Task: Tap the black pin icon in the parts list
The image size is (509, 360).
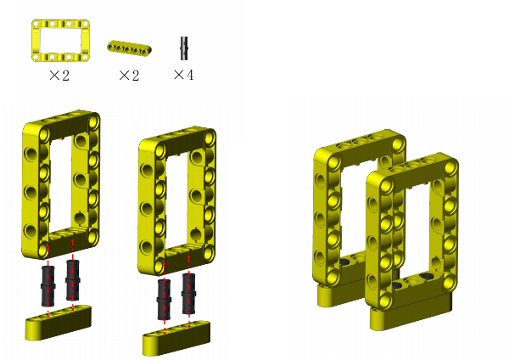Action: point(184,48)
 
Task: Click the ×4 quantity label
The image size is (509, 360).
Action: point(184,75)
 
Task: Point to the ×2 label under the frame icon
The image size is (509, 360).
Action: point(59,76)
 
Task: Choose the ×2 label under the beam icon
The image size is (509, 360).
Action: point(129,76)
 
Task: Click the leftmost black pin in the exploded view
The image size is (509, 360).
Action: point(48,286)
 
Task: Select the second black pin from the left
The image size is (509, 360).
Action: point(72,279)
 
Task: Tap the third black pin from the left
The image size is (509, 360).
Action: point(164,299)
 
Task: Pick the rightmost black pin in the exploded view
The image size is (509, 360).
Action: point(188,294)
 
